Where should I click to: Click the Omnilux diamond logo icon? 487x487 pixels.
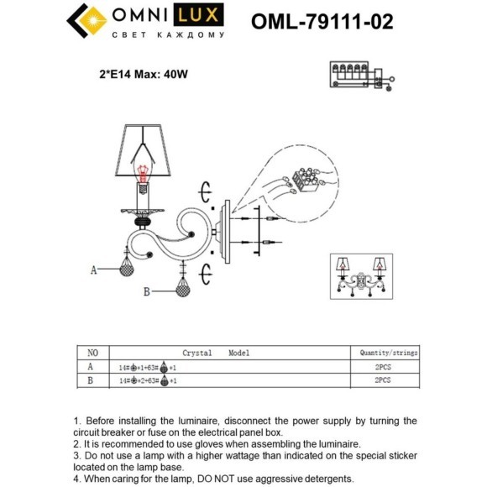[85, 21]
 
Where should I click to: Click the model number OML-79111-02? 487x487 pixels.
[322, 21]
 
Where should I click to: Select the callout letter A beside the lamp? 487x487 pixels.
[94, 270]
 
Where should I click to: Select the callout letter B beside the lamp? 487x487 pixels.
[146, 291]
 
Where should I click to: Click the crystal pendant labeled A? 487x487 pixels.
[127, 269]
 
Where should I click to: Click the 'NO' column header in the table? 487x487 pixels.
[93, 353]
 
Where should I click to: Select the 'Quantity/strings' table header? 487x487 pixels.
[388, 353]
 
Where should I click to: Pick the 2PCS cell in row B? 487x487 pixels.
[382, 380]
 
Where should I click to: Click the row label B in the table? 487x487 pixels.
[92, 380]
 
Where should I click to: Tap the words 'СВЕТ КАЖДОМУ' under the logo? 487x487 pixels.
[168, 35]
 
